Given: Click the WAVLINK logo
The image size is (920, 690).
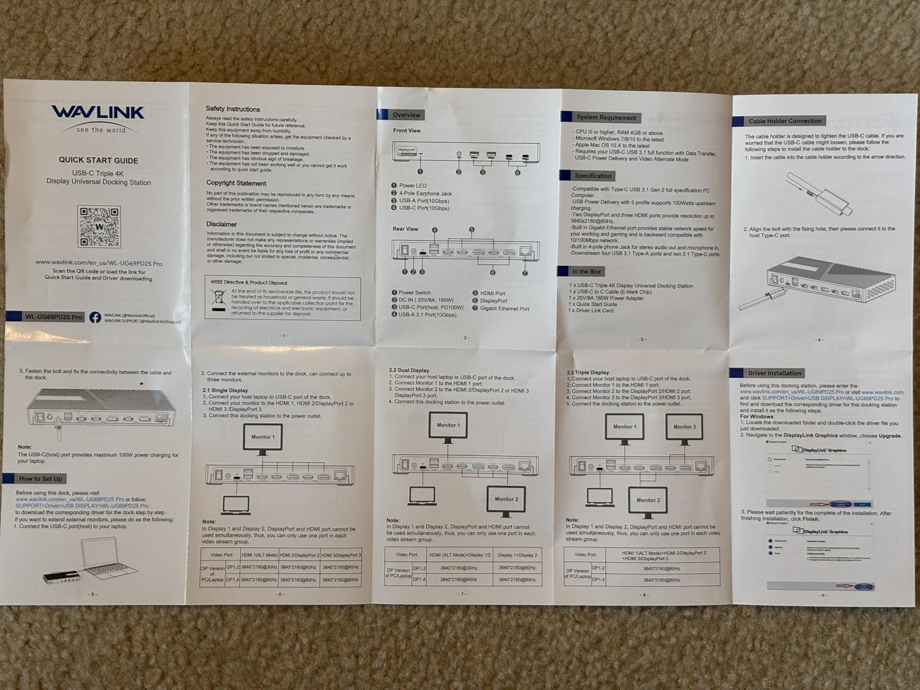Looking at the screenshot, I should (98, 113).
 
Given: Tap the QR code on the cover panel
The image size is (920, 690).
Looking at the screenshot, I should (99, 227).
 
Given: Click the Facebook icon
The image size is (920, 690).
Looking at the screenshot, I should (95, 317).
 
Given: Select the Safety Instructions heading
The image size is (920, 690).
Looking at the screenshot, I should (233, 109).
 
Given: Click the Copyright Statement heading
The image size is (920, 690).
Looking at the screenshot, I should (236, 183).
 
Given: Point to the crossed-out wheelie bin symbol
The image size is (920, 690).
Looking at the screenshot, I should (218, 297).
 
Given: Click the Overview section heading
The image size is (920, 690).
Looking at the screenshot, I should (406, 115).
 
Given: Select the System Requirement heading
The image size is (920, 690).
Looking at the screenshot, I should (605, 118).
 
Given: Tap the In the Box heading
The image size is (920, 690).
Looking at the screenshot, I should (586, 272).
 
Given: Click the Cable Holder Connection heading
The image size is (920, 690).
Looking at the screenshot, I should (785, 121).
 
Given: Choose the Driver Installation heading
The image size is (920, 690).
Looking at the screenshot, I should (774, 373).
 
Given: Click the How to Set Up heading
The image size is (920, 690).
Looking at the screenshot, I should (41, 479).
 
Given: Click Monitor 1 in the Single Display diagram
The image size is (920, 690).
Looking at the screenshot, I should (263, 437).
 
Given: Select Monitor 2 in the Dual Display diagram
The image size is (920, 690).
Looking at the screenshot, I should (506, 499).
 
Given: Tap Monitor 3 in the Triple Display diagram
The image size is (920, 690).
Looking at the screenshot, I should (684, 427).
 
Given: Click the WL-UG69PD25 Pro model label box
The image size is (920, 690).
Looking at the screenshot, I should (54, 317).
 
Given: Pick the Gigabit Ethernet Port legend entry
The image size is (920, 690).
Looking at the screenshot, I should (504, 309).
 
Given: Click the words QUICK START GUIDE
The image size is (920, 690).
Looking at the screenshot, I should (99, 160).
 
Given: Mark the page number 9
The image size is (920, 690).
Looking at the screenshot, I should (822, 595).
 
